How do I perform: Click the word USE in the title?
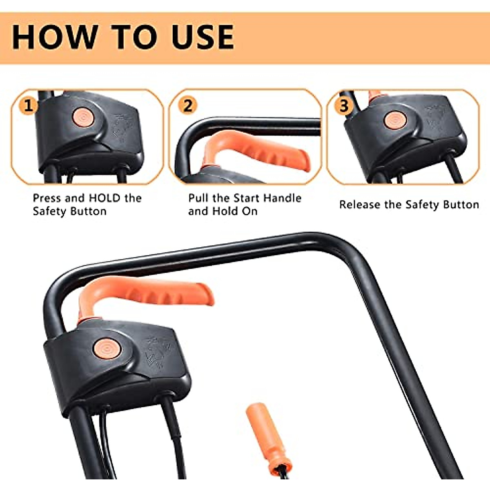pyautogui.click(x=203, y=37)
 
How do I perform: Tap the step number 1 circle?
pyautogui.click(x=28, y=106)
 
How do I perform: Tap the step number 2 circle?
pyautogui.click(x=187, y=105)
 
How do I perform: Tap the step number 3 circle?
pyautogui.click(x=344, y=106)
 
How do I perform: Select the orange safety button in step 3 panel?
pyautogui.click(x=395, y=119)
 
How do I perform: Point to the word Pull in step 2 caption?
pyautogui.click(x=198, y=198)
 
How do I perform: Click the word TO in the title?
pyautogui.click(x=133, y=37)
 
